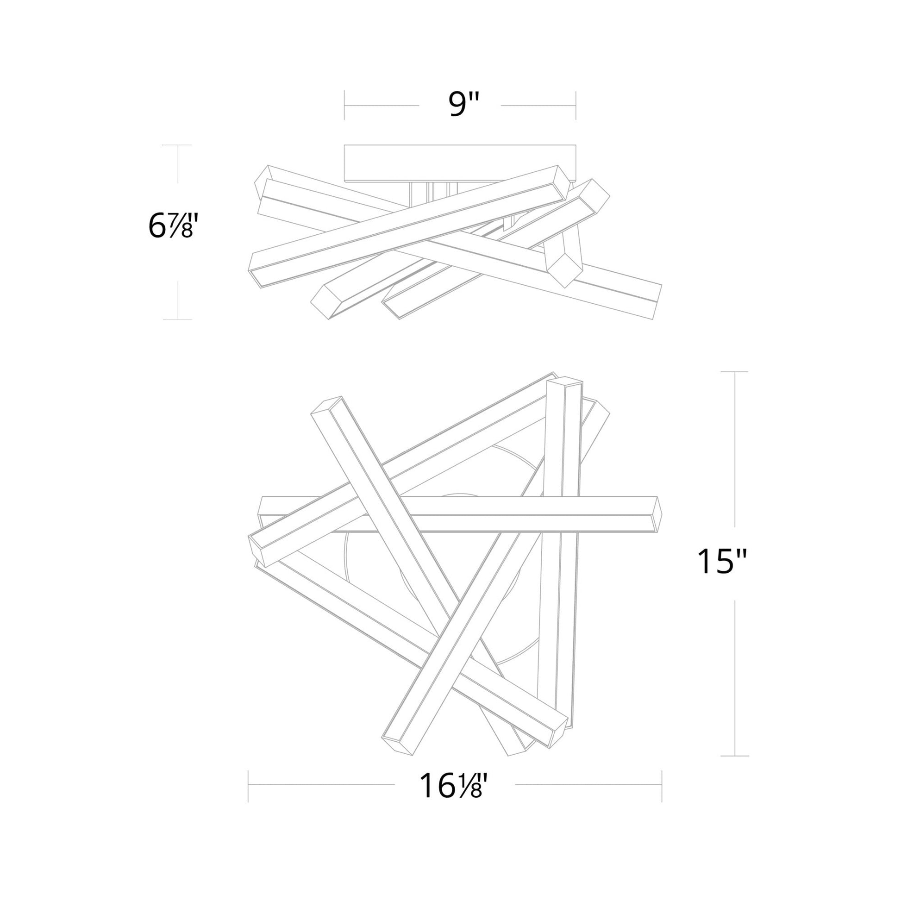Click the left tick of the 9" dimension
click(344, 105)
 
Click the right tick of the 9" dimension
click(576, 105)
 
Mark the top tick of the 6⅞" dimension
click(177, 145)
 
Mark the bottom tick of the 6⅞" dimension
click(177, 319)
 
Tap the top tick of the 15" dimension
click(735, 372)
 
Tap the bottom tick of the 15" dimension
click(735, 756)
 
